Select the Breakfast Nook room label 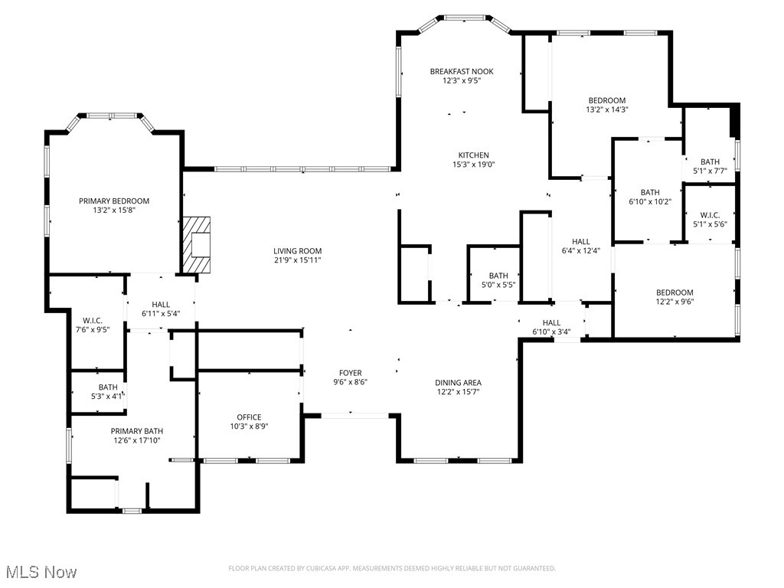461,71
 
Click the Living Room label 298,251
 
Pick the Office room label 249,417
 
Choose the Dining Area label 458,383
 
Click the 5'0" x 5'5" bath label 498,280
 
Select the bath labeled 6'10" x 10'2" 650,197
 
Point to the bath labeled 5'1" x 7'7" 710,166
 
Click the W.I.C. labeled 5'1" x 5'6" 710,220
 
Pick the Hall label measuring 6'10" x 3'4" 551,327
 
